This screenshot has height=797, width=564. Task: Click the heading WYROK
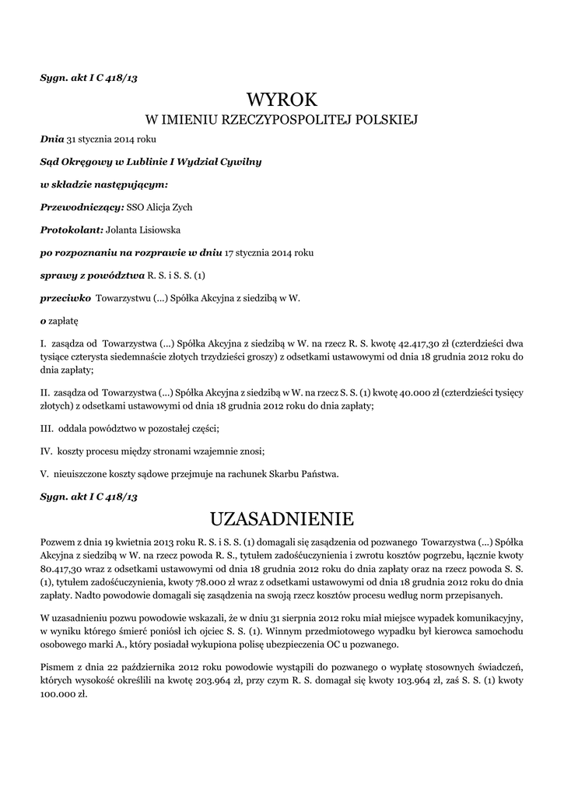[282, 100]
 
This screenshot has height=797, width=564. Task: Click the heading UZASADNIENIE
[282, 518]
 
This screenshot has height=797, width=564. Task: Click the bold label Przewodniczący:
[82, 207]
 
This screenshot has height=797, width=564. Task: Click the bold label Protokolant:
[72, 230]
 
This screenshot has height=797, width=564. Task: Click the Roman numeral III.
[46, 428]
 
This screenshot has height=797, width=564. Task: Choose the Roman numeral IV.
[46, 451]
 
